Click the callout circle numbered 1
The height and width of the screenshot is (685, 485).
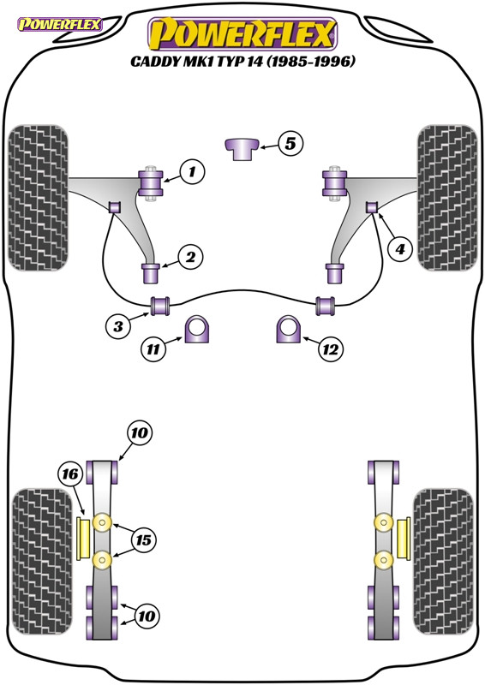coord(193,172)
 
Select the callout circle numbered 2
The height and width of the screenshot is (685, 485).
coord(190,256)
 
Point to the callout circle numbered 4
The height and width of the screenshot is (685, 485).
coord(398,249)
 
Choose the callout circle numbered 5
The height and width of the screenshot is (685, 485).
coord(290,145)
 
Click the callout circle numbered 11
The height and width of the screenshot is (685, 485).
coord(153,348)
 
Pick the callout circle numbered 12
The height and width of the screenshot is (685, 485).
coord(330,348)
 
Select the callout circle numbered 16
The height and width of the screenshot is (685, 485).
coord(71,473)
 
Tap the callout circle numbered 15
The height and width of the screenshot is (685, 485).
coord(143,540)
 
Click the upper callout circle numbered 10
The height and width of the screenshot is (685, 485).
coord(140,434)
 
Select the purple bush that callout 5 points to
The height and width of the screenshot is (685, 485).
coord(242,147)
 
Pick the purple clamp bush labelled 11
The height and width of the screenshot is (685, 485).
coord(198,330)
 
